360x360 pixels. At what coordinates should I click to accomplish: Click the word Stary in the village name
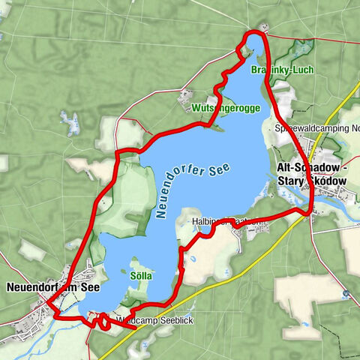tap(292, 181)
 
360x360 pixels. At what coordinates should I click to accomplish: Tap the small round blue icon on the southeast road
tap(346, 293)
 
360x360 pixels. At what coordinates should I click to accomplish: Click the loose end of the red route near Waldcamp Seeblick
tap(134, 328)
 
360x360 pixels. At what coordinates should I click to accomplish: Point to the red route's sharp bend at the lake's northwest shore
tap(118, 153)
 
